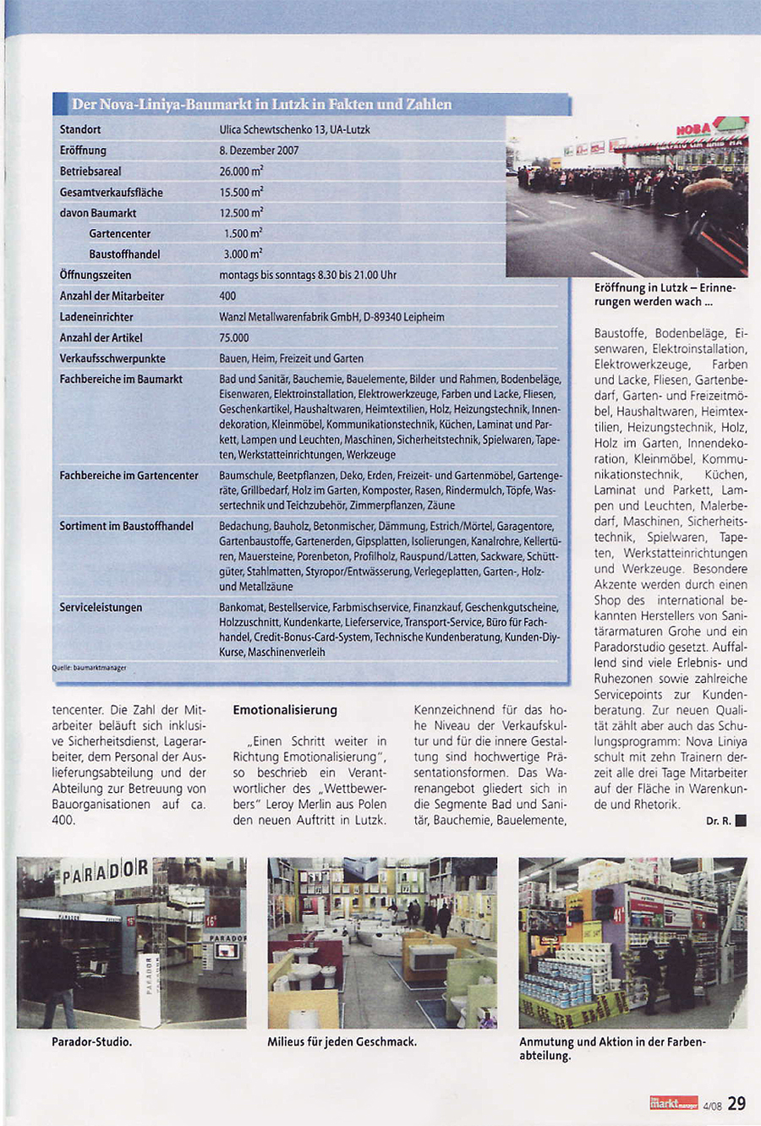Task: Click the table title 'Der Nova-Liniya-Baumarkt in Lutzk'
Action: click(261, 105)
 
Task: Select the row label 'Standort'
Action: click(80, 129)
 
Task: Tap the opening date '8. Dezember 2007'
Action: click(259, 150)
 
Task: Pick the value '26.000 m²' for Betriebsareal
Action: click(241, 171)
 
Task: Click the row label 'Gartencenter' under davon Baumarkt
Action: click(120, 233)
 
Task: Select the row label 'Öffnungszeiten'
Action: click(96, 275)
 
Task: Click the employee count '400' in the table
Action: click(227, 296)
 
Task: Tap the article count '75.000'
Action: click(234, 337)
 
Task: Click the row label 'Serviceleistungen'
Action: click(101, 607)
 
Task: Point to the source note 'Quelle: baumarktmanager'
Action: click(89, 668)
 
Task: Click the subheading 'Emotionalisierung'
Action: click(285, 710)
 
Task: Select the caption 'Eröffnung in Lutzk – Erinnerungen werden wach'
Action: click(665, 294)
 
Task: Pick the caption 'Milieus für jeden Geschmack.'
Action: click(342, 1041)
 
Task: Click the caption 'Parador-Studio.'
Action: click(92, 1041)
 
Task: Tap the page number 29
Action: click(736, 1103)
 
